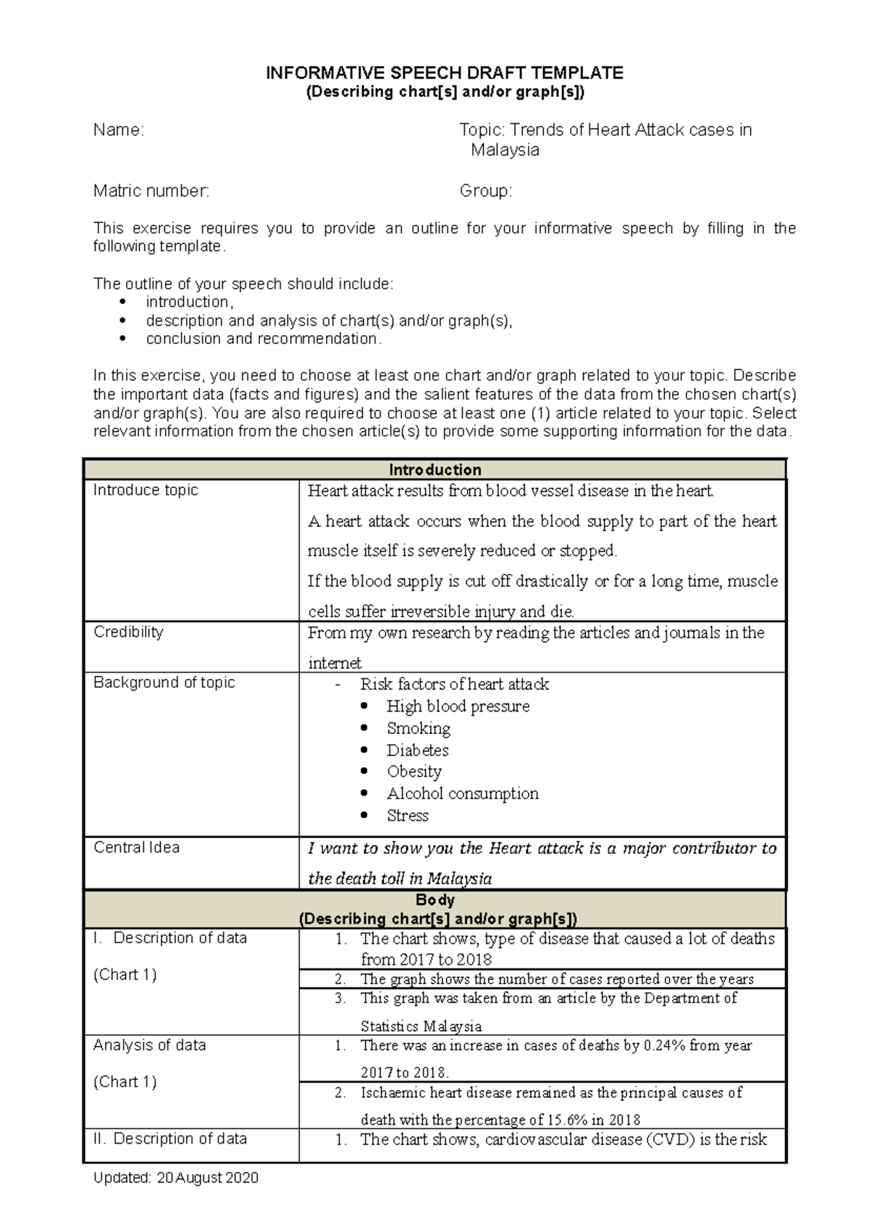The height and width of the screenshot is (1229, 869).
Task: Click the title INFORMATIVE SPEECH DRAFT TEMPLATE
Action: pos(444,72)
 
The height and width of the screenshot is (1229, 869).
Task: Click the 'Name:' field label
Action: pos(118,130)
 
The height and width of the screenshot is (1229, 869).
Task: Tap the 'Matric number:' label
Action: pos(151,191)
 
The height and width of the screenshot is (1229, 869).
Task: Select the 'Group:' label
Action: pos(485,191)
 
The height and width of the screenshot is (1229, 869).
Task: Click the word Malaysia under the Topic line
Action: pos(505,150)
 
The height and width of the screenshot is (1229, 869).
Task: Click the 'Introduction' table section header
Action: pos(434,470)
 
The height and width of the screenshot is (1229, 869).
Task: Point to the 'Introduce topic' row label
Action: pos(146,490)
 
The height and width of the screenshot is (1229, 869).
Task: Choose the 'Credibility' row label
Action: pos(128,632)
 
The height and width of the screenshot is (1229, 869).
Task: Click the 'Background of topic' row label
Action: pos(164,683)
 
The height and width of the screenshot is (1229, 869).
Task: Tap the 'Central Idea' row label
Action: pos(136,848)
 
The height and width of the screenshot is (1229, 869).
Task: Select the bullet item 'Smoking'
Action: pos(418,728)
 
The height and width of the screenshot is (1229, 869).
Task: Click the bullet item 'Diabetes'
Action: pos(417,750)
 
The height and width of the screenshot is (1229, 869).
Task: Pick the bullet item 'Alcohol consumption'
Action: pos(462,793)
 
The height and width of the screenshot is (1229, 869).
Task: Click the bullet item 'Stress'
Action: pos(407,816)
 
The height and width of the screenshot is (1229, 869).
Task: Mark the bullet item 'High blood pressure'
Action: pos(458,706)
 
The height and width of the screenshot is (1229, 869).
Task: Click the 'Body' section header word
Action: pos(434,900)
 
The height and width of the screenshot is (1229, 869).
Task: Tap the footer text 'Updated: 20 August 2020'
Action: pos(175,1178)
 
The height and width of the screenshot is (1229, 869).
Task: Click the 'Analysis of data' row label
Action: pos(149,1045)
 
